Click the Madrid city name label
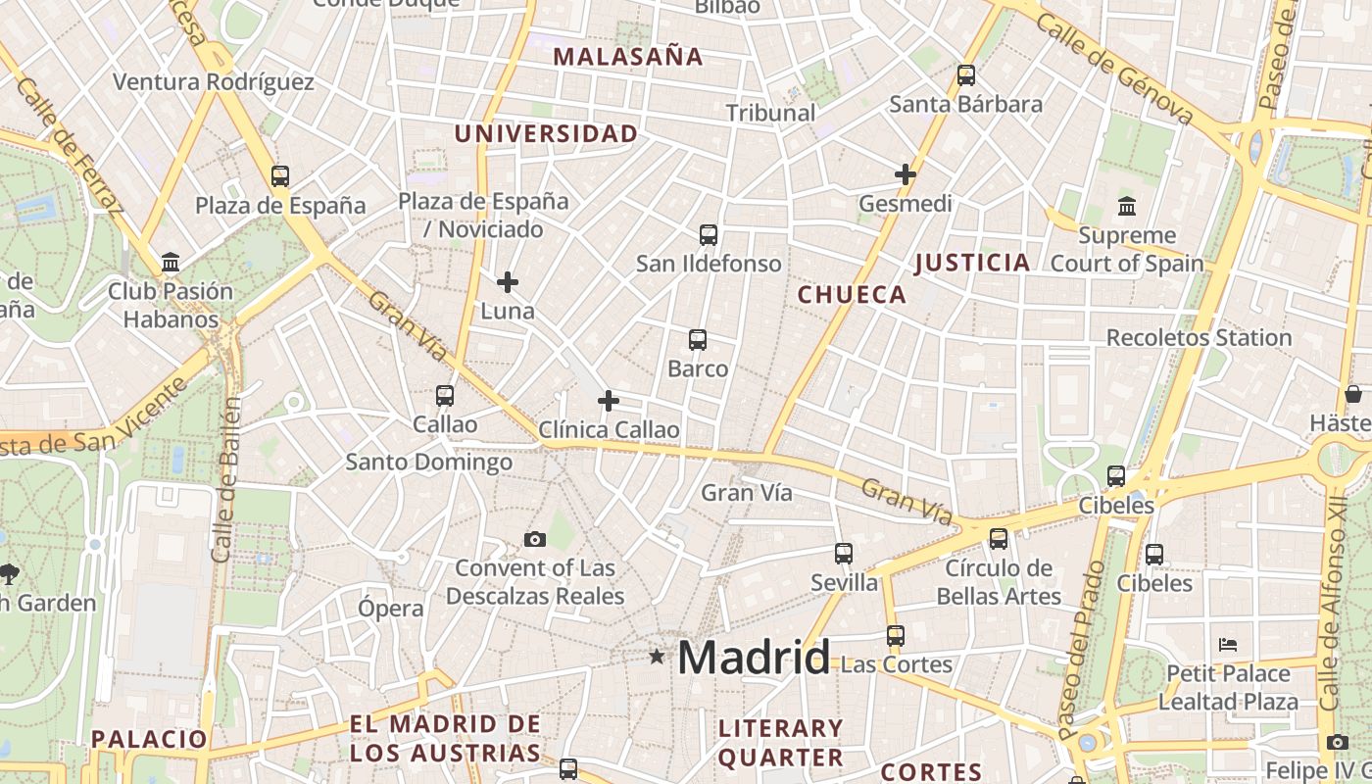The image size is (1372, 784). point(753,657)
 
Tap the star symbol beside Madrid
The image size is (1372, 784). point(657,657)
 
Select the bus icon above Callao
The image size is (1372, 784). point(445,396)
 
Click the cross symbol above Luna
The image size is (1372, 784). point(508,283)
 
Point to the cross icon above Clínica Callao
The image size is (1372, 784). point(609,401)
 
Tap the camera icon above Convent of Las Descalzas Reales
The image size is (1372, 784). point(534,539)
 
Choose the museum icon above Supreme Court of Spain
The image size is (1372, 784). point(1127,207)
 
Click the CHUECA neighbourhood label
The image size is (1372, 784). point(852,295)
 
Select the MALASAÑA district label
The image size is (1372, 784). point(628,57)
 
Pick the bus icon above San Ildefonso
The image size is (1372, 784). point(709,235)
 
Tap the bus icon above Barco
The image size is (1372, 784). point(698,340)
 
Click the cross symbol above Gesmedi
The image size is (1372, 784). point(906,175)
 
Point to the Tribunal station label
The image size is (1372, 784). point(770,113)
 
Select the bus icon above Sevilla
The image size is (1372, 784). point(844,554)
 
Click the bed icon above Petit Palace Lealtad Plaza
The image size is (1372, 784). point(1228,645)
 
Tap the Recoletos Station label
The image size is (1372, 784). point(1199,338)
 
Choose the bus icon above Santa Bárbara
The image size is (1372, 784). point(966,75)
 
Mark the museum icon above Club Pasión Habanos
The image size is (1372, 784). point(171,262)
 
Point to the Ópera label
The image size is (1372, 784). point(391,609)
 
